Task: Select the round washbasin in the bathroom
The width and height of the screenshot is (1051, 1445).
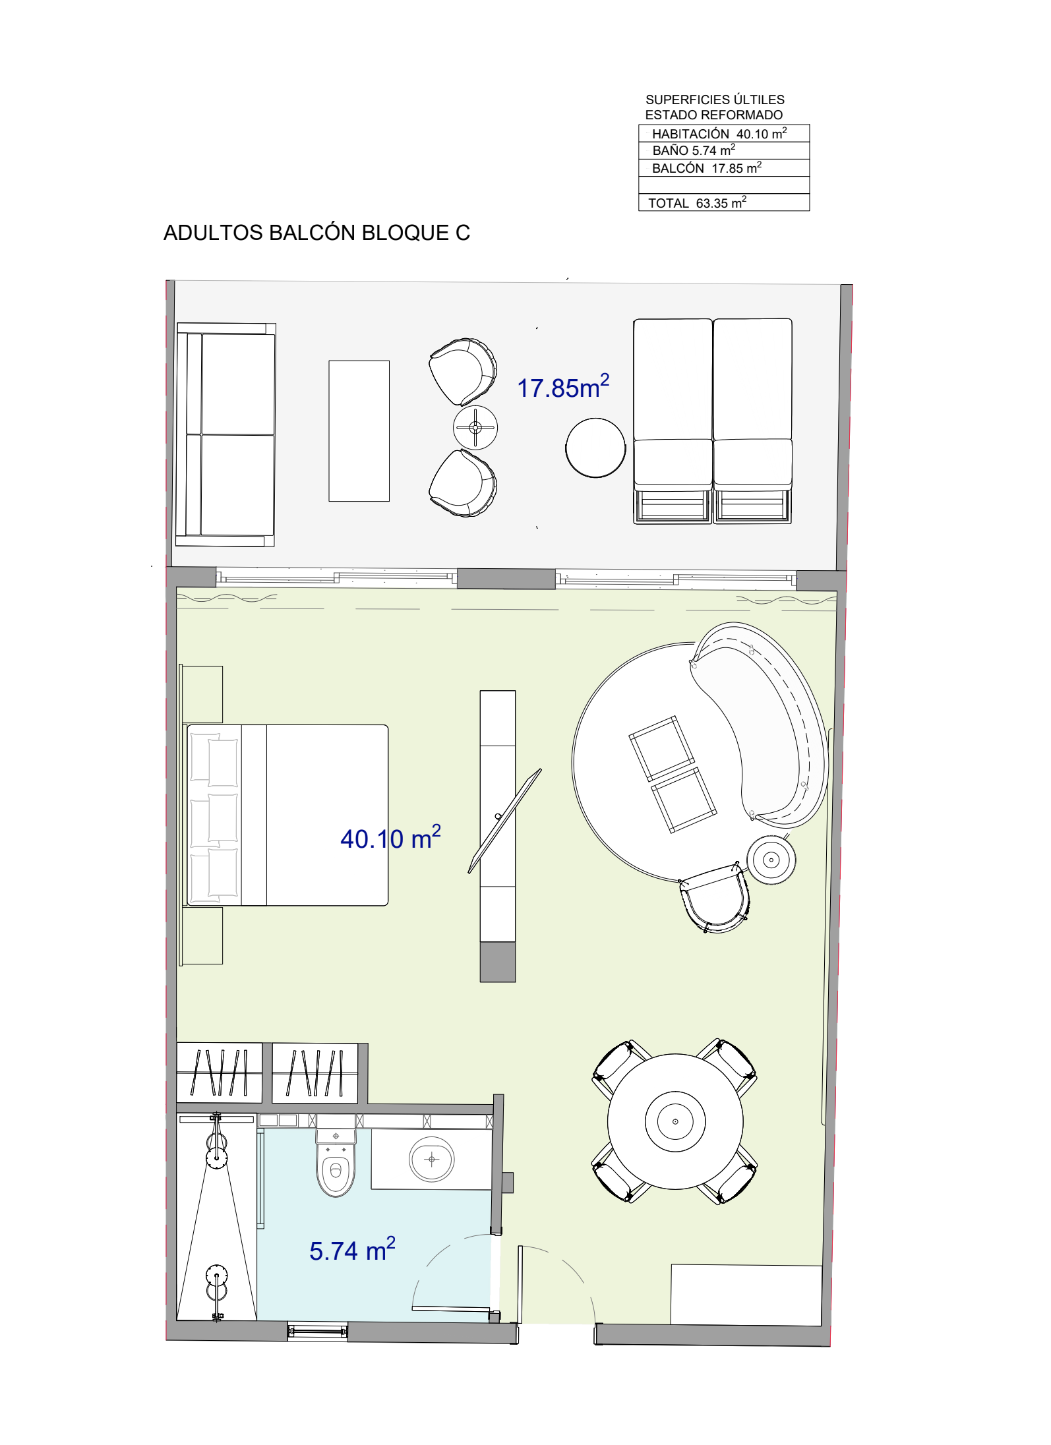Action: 432,1159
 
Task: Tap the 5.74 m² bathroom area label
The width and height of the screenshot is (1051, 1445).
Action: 352,1250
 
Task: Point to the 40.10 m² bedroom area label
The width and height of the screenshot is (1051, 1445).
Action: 390,838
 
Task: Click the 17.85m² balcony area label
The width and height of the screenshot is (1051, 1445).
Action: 563,387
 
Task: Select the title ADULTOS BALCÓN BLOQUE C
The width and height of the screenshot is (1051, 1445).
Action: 316,233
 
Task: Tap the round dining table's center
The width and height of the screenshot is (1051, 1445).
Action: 675,1121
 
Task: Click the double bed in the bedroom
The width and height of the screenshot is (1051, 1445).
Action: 287,815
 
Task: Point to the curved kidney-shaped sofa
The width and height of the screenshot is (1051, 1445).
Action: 758,724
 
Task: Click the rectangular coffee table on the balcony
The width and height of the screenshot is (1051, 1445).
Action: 359,430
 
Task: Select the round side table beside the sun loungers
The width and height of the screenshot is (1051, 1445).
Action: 595,448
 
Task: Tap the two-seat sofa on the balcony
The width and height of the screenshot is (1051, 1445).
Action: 225,434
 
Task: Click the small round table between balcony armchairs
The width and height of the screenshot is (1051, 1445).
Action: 475,427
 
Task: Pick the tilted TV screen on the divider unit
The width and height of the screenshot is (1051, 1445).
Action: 505,821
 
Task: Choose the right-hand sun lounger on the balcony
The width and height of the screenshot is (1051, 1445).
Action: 752,421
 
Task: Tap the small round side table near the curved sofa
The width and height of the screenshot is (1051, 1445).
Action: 771,860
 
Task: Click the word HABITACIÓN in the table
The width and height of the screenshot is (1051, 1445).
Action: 690,134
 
